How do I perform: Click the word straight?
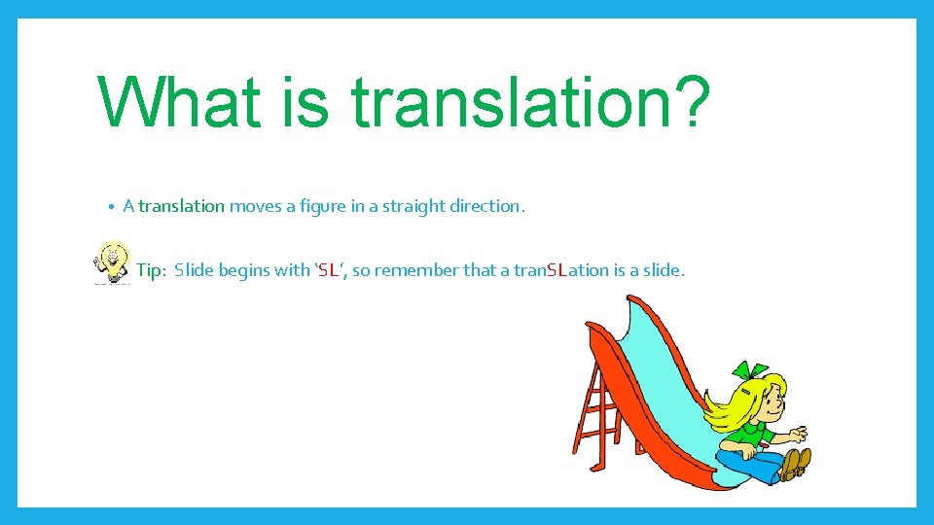(x=408, y=206)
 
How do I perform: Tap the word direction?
(x=486, y=206)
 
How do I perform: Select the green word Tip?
(x=151, y=270)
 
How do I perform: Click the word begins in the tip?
(x=245, y=270)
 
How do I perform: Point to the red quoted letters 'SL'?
(x=328, y=270)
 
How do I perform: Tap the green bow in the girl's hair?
(x=750, y=372)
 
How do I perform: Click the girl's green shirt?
(x=752, y=436)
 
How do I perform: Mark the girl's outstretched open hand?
(x=796, y=434)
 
